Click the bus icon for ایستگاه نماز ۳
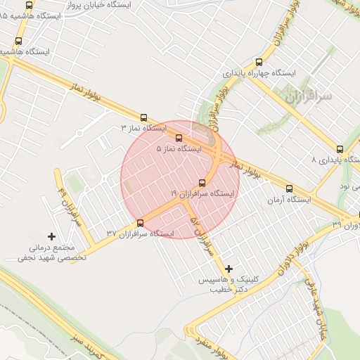(144, 118)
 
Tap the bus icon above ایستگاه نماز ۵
(179, 139)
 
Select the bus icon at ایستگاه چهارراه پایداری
(260, 62)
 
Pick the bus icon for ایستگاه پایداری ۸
(340, 149)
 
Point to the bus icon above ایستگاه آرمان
(289, 188)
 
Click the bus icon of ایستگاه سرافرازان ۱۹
(202, 182)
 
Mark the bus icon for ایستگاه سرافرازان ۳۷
(141, 223)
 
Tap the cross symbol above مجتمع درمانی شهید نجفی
(51, 236)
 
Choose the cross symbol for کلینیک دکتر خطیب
(229, 268)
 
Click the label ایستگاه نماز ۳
(143, 129)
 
